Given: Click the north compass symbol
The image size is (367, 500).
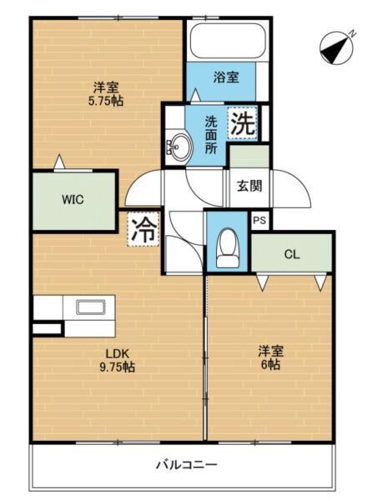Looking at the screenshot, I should (x=338, y=47).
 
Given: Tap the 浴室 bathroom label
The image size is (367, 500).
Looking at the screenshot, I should (x=227, y=77).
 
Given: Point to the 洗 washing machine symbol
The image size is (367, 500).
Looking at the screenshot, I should (x=242, y=124).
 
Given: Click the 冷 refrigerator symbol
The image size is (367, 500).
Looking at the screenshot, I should (x=143, y=230).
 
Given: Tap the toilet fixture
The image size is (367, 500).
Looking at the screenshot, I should (x=227, y=247).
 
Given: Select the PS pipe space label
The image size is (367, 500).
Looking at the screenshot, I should (x=259, y=221).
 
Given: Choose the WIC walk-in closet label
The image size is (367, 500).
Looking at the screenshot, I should (x=71, y=200).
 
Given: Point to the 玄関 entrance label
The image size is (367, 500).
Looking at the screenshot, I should (x=249, y=185).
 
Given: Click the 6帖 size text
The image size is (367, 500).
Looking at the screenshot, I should (x=269, y=366).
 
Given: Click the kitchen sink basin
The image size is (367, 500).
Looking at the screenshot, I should (x=88, y=307).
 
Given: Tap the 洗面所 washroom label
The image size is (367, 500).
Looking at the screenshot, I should (x=212, y=132).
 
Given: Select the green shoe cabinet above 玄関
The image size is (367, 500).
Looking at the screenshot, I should (x=249, y=155).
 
